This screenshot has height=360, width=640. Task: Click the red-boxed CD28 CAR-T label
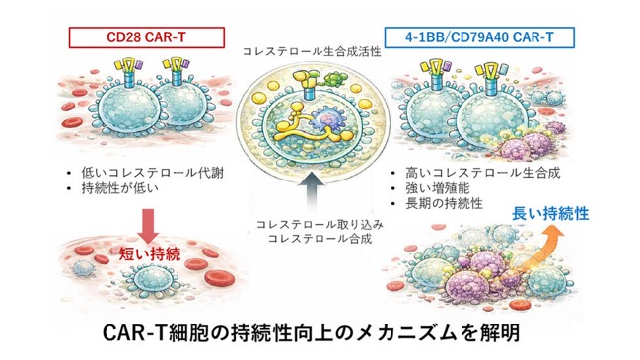[147, 37]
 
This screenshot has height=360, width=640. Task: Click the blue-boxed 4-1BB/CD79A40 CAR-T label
[479, 37]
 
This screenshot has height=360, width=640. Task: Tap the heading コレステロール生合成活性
[312, 52]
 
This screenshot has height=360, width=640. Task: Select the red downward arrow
[148, 226]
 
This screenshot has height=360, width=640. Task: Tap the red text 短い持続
[150, 254]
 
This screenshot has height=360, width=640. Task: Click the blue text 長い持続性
[550, 214]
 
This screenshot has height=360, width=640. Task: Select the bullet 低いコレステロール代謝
[152, 173]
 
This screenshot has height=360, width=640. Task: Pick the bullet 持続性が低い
[119, 188]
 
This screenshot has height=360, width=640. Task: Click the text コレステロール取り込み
[320, 225]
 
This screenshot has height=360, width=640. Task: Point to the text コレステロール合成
[320, 238]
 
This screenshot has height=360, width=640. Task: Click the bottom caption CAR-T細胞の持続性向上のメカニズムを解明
[311, 333]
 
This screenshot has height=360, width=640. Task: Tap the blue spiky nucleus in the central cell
[327, 121]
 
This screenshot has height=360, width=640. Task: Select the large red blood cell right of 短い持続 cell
[220, 278]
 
